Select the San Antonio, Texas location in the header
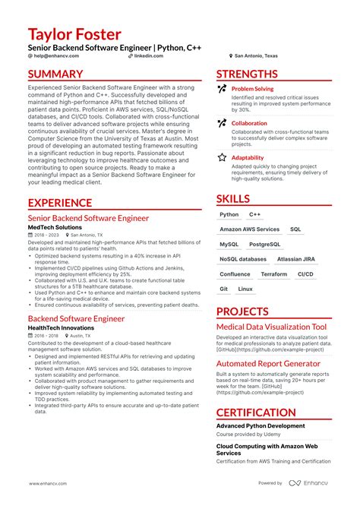pos(256,56)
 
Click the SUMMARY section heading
pos(55,74)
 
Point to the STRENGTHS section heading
pos(247,74)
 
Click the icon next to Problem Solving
pos(222,90)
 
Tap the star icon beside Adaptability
pos(222,157)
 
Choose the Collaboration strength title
pos(249,123)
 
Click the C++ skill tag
pos(254,215)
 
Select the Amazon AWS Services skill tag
pos(249,229)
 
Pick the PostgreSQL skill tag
pos(264,245)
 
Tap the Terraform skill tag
pos(273,274)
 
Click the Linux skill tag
pos(245,289)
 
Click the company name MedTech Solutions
pos(55,227)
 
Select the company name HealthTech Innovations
pos(61,327)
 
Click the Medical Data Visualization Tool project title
pos(271,327)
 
